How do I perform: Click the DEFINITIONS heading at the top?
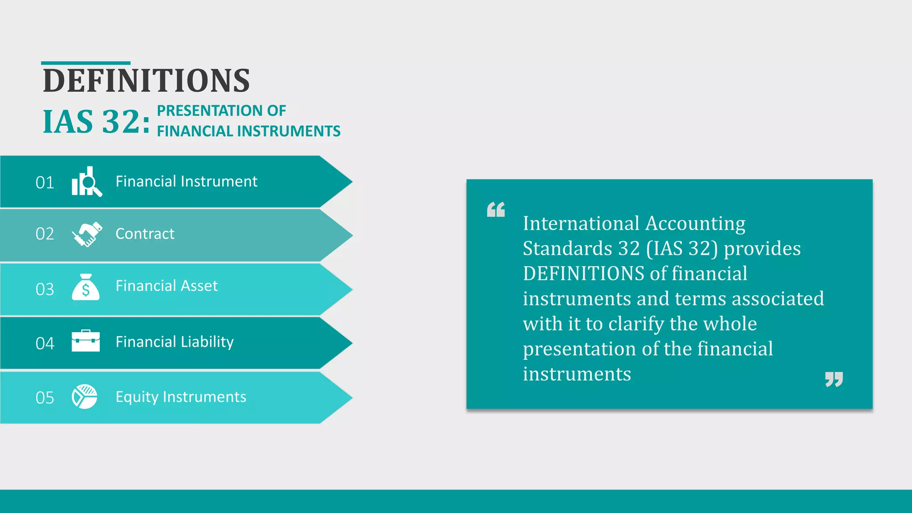tap(146, 81)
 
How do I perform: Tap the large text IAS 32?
tap(96, 122)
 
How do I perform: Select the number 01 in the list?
tap(45, 183)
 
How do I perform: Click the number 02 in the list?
tap(45, 234)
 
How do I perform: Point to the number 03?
tap(45, 289)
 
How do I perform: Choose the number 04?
tap(45, 343)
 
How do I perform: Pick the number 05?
tap(45, 398)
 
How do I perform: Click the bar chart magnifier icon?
tap(86, 182)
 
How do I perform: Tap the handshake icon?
tap(87, 234)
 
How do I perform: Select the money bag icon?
tap(85, 287)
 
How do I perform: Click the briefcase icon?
tap(85, 341)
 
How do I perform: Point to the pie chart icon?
tap(85, 396)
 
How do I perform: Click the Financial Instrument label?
tap(186, 182)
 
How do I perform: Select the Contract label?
tap(145, 234)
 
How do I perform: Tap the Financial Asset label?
tap(167, 286)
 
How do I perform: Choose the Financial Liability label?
tap(175, 342)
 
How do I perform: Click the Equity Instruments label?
tap(181, 397)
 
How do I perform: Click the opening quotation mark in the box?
tap(496, 210)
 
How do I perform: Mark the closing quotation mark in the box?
tap(834, 379)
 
